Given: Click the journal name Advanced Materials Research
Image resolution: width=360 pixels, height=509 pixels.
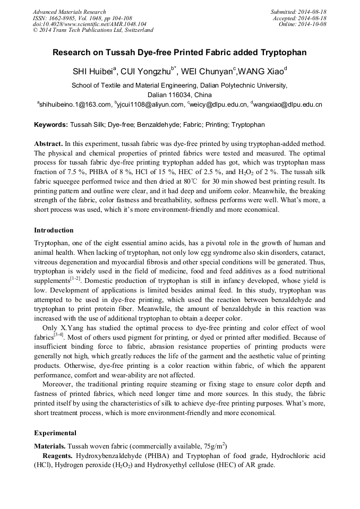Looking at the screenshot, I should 69,12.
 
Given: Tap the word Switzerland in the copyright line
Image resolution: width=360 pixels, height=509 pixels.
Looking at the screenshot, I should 138,30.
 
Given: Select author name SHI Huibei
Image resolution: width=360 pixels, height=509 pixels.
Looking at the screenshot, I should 92,72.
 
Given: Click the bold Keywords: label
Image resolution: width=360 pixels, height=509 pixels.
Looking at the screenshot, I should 51,125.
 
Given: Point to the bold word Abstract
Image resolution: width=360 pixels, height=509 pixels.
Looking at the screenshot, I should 48,144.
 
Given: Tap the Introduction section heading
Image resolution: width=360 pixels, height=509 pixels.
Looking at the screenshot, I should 54,230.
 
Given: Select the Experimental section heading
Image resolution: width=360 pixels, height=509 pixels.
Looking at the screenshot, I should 55,433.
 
